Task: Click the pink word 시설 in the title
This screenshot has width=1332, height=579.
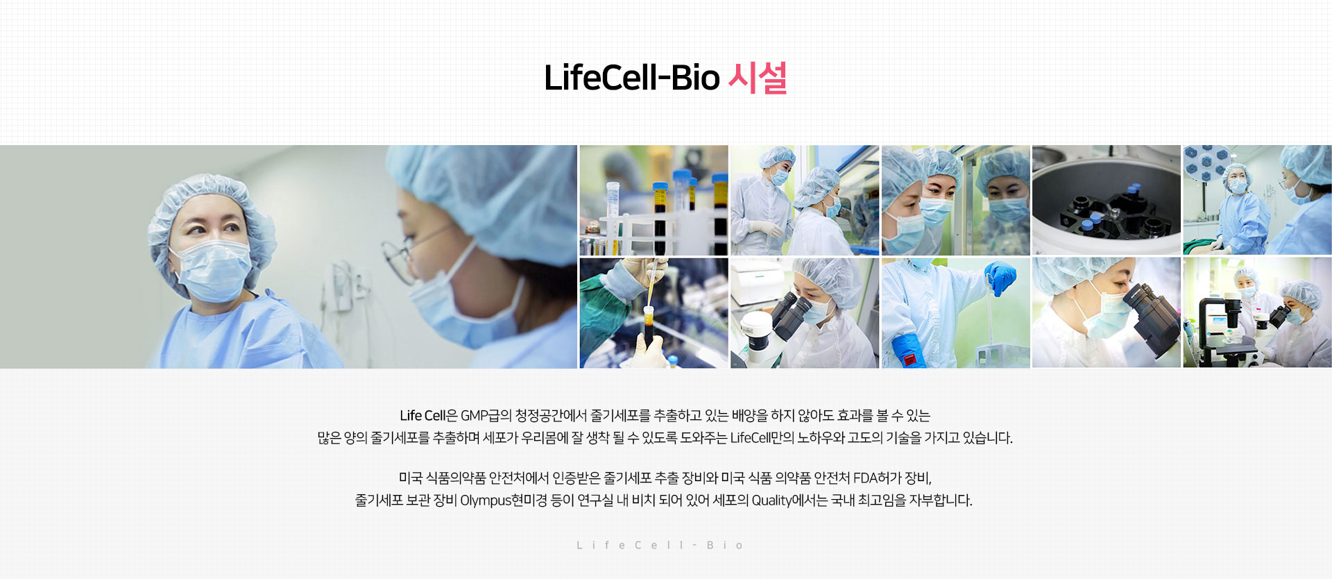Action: point(758,78)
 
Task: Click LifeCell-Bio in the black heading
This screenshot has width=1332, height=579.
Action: point(632,78)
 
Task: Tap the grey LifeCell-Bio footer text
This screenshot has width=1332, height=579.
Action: point(660,546)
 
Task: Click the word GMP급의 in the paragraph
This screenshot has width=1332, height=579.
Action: point(486,416)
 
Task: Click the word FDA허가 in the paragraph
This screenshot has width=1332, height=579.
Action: point(878,478)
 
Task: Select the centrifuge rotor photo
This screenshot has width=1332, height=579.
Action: point(1107,200)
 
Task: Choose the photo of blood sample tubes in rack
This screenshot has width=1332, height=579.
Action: point(654,200)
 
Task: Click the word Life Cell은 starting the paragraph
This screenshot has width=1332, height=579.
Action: point(428,416)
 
